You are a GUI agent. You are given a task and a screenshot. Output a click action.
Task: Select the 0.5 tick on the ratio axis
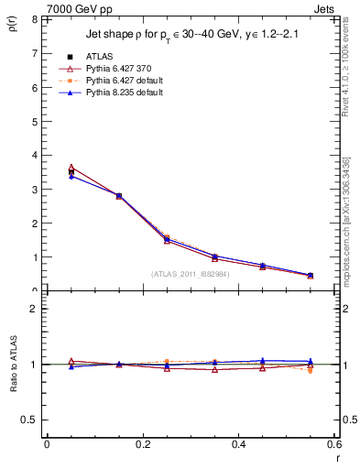pyautogui.click(x=29, y=420)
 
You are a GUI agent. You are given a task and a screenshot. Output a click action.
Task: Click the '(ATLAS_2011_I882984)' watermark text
pyautogui.click(x=191, y=273)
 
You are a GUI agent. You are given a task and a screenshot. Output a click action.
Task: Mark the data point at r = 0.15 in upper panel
pyautogui.click(x=119, y=196)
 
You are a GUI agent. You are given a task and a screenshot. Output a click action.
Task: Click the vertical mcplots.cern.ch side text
pyautogui.click(x=346, y=229)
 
